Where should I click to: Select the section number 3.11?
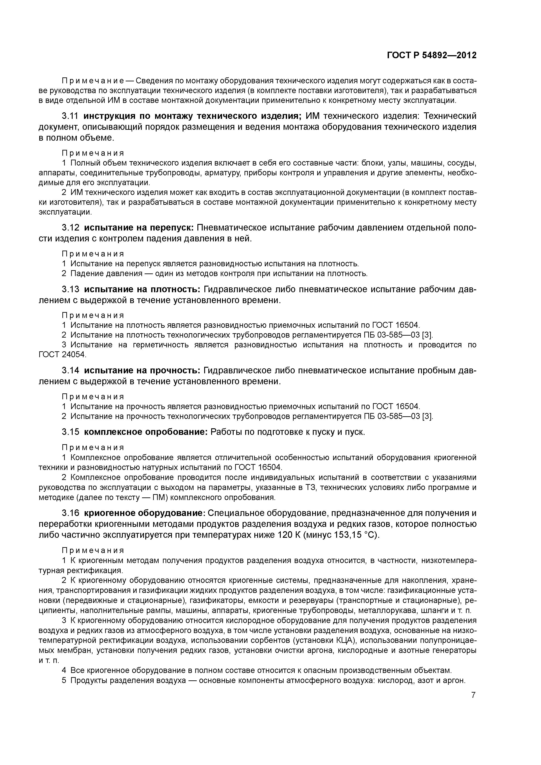pos(70,116)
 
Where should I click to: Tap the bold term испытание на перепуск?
pos(138,228)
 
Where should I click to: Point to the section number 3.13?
pos(70,289)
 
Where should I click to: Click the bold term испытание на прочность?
pos(142,371)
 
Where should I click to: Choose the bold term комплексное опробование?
pos(146,432)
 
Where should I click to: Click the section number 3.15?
pos(70,432)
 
